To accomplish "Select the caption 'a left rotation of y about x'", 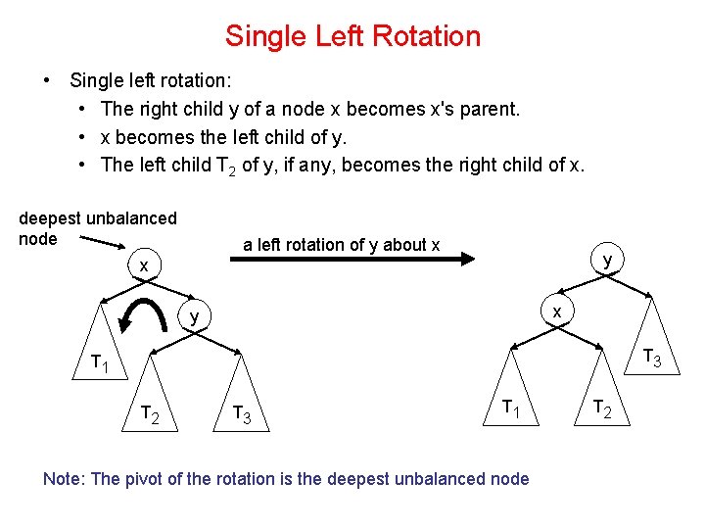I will coord(341,244).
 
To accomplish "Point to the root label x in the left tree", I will coord(144,265).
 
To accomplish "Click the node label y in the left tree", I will coord(195,316).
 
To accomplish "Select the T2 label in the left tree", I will coord(150,413).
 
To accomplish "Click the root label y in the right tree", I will coord(608,260).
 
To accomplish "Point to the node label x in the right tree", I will coord(556,311).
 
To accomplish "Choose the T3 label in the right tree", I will coord(651,361).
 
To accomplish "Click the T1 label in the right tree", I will coord(510,408).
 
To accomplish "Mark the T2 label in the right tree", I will coord(603,409).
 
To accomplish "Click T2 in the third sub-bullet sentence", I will coord(224,165).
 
